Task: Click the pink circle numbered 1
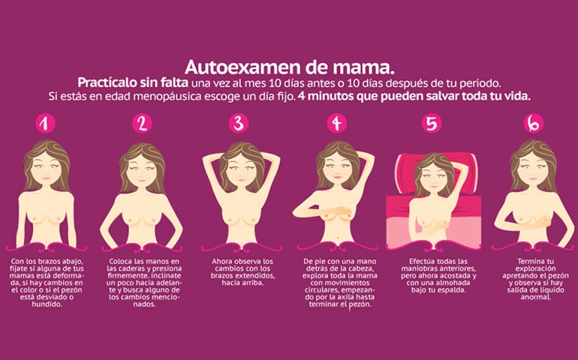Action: click(45, 123)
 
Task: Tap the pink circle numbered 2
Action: click(142, 123)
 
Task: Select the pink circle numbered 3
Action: click(239, 123)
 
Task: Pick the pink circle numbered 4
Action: click(336, 123)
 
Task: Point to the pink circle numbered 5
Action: click(432, 123)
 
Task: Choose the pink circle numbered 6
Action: click(534, 123)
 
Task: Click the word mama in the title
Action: click(363, 68)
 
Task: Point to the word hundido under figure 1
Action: click(47, 304)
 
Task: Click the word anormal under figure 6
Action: click(535, 297)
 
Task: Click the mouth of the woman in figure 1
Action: click(45, 178)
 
